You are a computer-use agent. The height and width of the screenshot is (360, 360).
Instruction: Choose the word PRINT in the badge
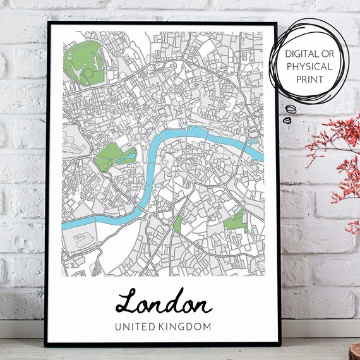pyautogui.click(x=309, y=80)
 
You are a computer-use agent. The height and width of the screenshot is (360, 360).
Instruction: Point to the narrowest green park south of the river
pyautogui.click(x=177, y=222)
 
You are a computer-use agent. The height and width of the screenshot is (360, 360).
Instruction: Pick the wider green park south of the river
pyautogui.click(x=235, y=220)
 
